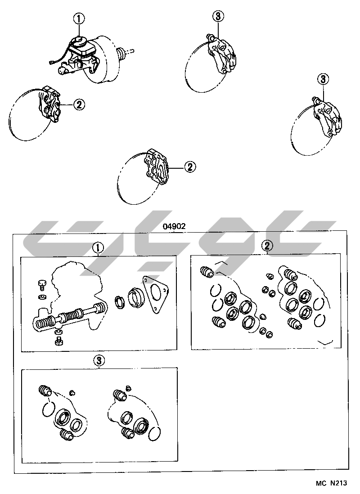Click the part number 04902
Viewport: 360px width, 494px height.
click(x=174, y=226)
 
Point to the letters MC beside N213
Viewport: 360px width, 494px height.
click(x=322, y=483)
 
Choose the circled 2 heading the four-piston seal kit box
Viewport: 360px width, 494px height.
click(x=267, y=245)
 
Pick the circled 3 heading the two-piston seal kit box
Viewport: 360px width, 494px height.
click(x=99, y=361)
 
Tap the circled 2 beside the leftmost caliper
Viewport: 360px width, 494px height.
click(x=79, y=104)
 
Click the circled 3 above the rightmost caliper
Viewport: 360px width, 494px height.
click(x=323, y=79)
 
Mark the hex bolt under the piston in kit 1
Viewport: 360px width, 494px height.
click(x=58, y=341)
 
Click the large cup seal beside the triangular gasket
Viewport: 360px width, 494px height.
click(x=136, y=297)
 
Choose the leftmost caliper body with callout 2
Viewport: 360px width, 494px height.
click(x=49, y=103)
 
